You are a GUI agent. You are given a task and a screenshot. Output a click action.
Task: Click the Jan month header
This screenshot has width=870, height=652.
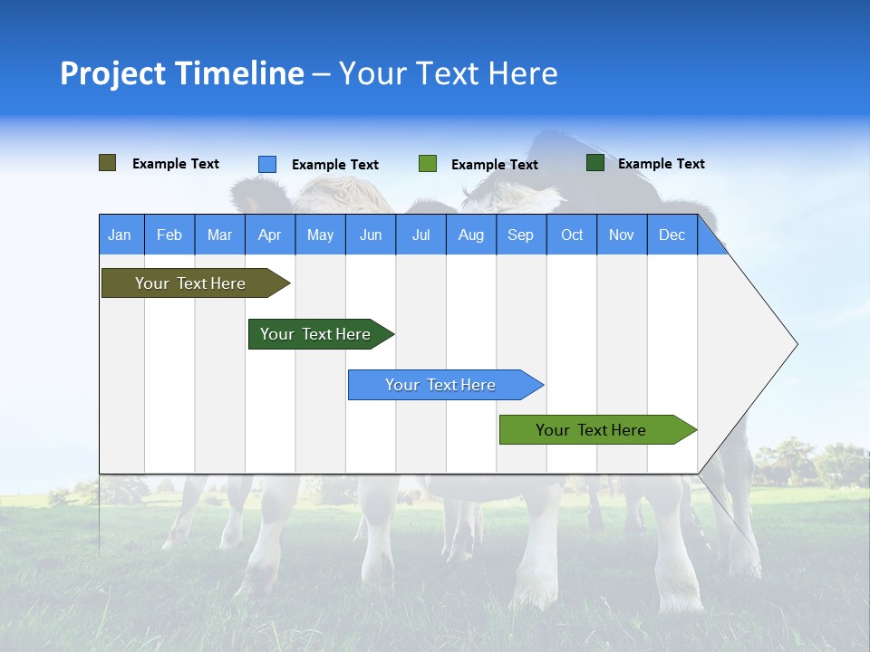pyautogui.click(x=120, y=235)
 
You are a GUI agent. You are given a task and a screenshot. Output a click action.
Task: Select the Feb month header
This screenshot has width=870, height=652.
pyautogui.click(x=169, y=235)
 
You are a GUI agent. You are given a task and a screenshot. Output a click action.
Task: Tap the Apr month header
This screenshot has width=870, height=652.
pyautogui.click(x=269, y=235)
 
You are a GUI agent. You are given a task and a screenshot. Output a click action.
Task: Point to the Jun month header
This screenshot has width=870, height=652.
pyautogui.click(x=370, y=235)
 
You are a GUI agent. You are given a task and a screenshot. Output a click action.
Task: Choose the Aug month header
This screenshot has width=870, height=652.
pyautogui.click(x=470, y=235)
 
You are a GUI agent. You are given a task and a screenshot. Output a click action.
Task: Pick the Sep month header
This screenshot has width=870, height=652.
pyautogui.click(x=520, y=235)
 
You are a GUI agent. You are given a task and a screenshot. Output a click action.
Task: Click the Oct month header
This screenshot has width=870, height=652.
pyautogui.click(x=571, y=235)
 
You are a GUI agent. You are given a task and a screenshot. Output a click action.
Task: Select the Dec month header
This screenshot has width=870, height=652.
pyautogui.click(x=672, y=235)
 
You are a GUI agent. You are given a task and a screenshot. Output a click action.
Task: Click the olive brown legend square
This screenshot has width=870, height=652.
pyautogui.click(x=108, y=163)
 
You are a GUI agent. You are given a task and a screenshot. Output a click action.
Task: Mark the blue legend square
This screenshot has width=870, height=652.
pyautogui.click(x=267, y=164)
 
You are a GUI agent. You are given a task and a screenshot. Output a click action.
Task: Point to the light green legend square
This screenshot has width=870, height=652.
pyautogui.click(x=428, y=164)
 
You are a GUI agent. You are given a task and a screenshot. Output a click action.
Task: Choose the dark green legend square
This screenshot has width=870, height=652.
pyautogui.click(x=595, y=163)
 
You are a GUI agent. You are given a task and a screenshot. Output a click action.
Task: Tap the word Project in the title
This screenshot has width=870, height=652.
pyautogui.click(x=111, y=73)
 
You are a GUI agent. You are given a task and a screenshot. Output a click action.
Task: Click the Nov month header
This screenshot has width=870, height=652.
pyautogui.click(x=621, y=235)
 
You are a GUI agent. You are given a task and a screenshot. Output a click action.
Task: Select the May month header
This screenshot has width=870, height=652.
pyautogui.click(x=320, y=235)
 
